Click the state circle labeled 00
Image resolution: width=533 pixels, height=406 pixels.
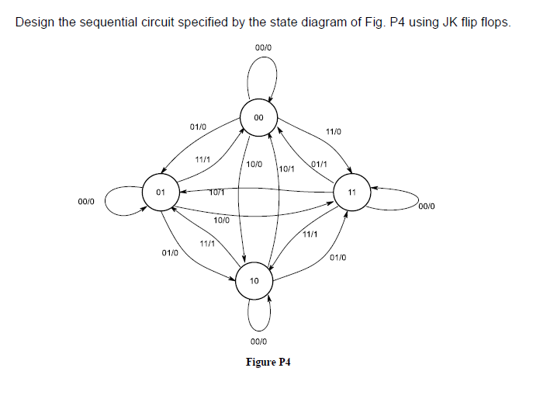pos(258,118)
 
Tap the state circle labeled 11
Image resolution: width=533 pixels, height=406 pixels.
pos(351,192)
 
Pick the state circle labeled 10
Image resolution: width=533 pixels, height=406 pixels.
pos(254,280)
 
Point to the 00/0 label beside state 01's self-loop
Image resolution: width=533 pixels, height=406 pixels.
pos(86,201)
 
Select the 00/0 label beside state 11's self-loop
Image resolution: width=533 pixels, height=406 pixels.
pos(427,206)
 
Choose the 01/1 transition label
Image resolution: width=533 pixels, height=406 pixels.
pos(318,165)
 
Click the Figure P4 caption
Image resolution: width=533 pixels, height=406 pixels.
pos(268,363)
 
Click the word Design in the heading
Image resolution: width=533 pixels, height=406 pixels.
pos(35,22)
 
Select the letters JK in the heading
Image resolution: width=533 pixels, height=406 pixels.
pos(450,22)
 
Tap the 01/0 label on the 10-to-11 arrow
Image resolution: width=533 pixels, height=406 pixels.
pos(338,257)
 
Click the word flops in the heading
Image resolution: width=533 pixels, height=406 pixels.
pos(494,22)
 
